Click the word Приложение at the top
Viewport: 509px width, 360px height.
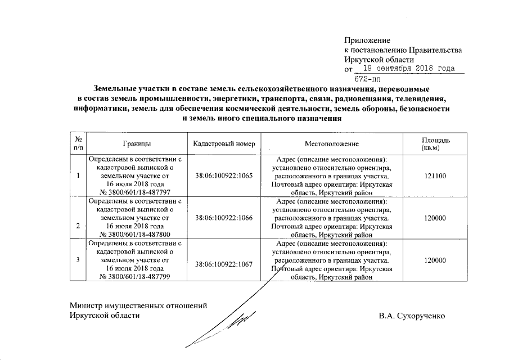pyautogui.click(x=367, y=40)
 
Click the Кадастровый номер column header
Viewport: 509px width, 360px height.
pyautogui.click(x=224, y=144)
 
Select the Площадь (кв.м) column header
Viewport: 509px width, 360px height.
pyautogui.click(x=436, y=143)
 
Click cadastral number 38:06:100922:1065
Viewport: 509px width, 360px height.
pyautogui.click(x=224, y=176)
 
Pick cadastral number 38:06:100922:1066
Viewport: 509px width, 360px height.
pyautogui.click(x=224, y=217)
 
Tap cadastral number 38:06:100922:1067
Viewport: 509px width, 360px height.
pyautogui.click(x=224, y=263)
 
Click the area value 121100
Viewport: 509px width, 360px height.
pyautogui.click(x=436, y=176)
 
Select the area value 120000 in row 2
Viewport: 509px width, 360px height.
pyautogui.click(x=436, y=217)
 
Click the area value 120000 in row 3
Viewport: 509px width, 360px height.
pyautogui.click(x=436, y=260)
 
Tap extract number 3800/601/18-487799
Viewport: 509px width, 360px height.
pyautogui.click(x=139, y=277)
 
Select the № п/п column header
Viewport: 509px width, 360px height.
pyautogui.click(x=78, y=143)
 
